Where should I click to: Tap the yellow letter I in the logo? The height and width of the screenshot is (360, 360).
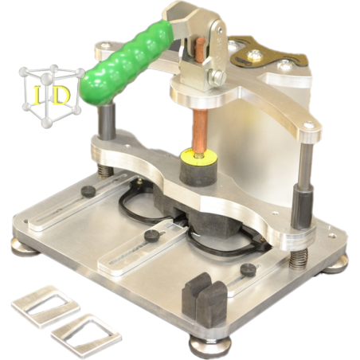point(38,95)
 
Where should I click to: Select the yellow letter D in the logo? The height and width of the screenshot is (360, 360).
point(61,96)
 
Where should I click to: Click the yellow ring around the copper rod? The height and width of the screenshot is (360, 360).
point(198,156)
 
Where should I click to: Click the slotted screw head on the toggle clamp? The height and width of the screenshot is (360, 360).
point(219,77)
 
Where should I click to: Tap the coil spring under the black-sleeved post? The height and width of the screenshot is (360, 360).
point(299,258)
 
